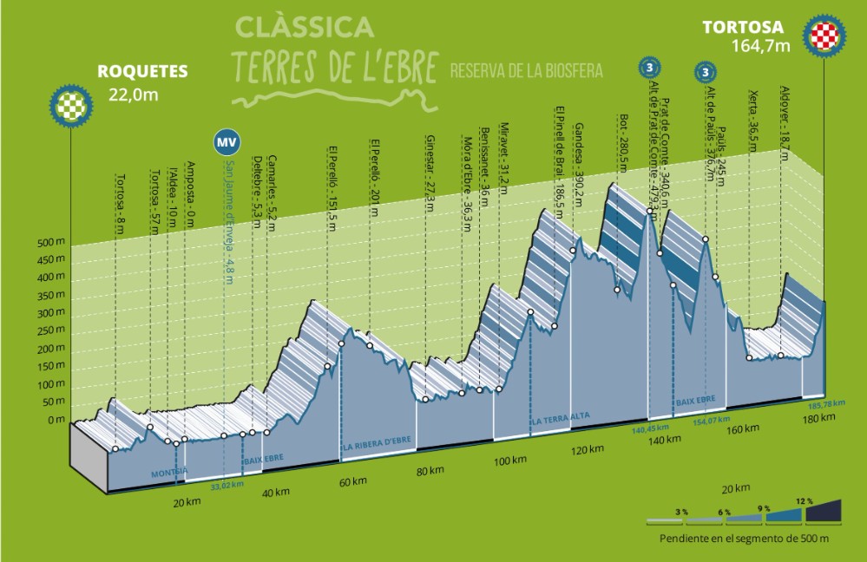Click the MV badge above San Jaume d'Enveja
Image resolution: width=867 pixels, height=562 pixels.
point(227,141)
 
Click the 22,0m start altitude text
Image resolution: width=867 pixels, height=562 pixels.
point(134,95)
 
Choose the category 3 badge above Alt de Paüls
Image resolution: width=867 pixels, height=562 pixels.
point(707,72)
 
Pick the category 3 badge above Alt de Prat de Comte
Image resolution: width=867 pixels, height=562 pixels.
point(648,66)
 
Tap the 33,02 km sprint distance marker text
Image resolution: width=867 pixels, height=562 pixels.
point(226,484)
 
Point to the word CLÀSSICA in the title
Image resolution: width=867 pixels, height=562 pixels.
point(304,27)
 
